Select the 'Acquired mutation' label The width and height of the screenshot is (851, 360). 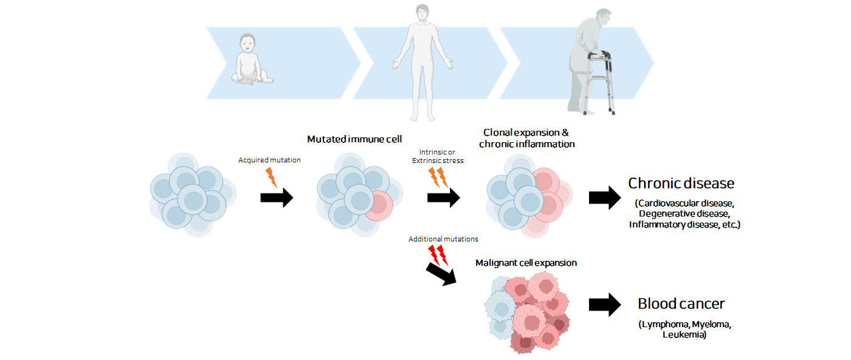[x=269, y=160]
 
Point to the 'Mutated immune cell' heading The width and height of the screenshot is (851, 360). [x=354, y=139]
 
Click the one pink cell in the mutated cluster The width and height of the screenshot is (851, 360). [x=379, y=207]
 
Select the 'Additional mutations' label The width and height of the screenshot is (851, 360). [x=443, y=239]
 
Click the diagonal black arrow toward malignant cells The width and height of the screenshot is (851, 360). [x=443, y=275]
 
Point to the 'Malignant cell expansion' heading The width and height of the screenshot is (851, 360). [x=526, y=263]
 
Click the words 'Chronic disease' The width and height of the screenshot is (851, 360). [x=681, y=183]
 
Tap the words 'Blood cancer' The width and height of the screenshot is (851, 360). [x=681, y=303]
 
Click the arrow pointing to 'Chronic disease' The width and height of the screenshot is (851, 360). [x=605, y=198]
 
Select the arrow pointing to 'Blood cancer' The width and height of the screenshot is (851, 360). [x=605, y=305]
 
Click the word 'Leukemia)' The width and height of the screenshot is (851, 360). [x=684, y=334]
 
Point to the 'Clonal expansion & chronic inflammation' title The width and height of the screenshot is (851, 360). [x=527, y=138]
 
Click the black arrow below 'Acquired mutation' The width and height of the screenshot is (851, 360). [x=277, y=198]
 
